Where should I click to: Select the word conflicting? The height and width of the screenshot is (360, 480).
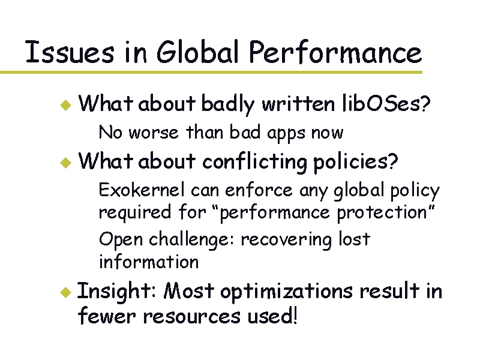254,161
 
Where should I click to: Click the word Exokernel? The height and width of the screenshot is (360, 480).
142,190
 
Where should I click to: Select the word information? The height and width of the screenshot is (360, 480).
148,262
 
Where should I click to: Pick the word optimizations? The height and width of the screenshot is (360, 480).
286,292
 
